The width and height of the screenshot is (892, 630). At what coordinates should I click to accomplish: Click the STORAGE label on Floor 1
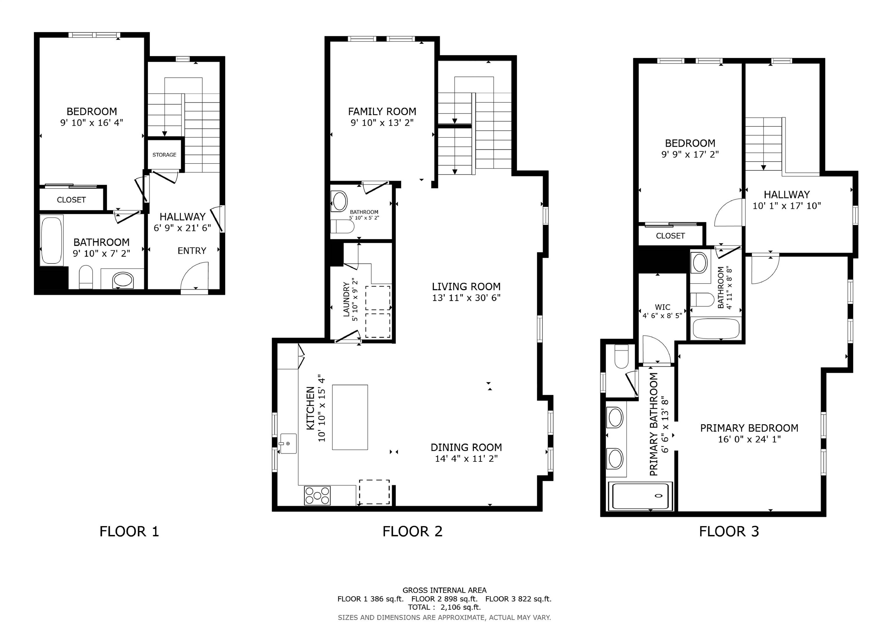pos(164,155)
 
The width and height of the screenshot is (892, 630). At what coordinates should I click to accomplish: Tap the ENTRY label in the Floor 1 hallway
pos(192,251)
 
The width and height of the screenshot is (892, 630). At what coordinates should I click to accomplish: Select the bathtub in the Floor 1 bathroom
pos(52,241)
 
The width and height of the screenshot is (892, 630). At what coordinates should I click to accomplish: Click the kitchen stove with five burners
pos(317,496)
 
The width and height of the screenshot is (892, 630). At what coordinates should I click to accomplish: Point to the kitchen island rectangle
pos(350,417)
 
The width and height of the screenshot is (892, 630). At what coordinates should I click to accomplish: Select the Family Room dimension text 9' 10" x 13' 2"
pos(382,123)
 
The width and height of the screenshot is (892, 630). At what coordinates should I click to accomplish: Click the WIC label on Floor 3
pos(662,307)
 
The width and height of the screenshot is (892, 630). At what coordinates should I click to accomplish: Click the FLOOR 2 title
pos(412,531)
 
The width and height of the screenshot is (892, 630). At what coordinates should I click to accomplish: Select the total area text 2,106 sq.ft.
pos(461,607)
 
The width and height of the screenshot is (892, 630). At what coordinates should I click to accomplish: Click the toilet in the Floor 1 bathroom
pos(86,277)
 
